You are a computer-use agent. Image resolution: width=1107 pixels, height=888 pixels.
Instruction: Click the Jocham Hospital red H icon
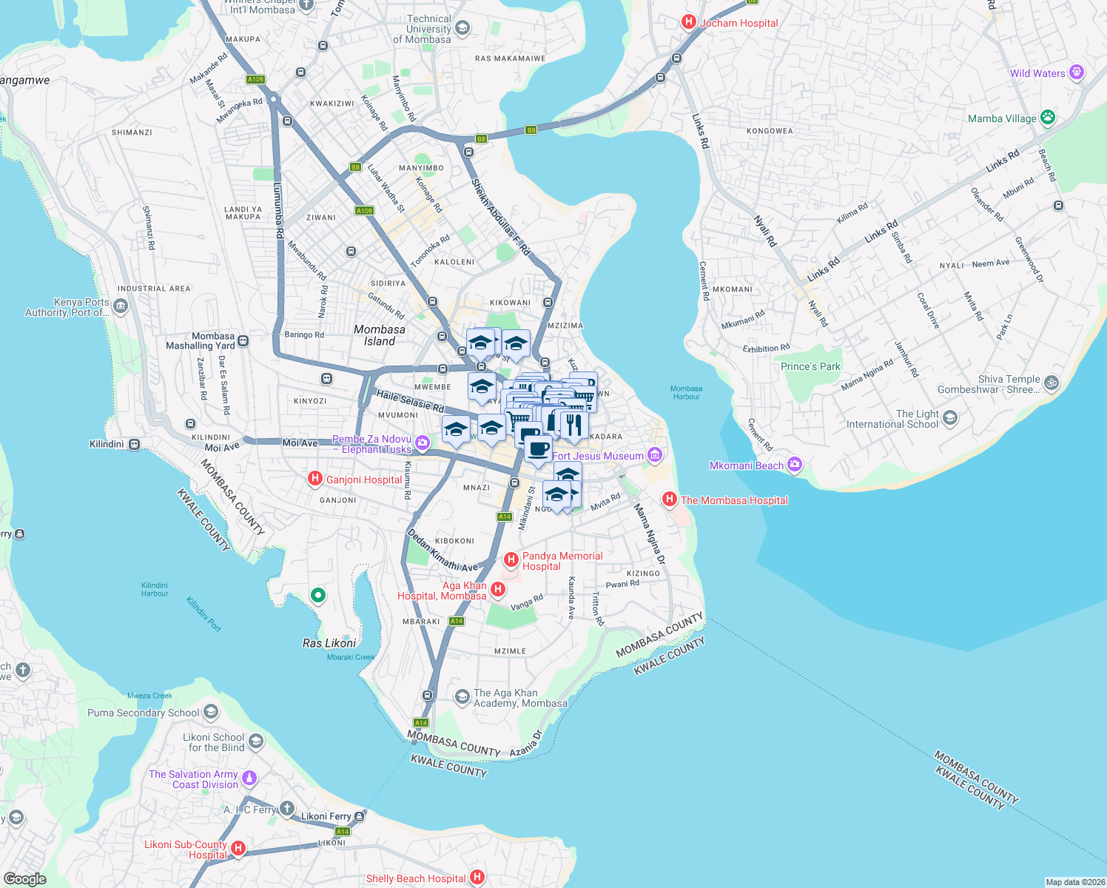pos(689,22)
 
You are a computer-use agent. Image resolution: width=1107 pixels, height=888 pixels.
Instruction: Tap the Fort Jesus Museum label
pos(598,456)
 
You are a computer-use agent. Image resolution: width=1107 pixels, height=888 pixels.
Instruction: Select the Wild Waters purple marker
pos(1077,73)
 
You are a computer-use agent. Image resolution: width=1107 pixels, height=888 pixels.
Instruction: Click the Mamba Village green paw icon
pos(1047,118)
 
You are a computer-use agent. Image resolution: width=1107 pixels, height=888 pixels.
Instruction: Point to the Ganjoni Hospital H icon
pos(314,479)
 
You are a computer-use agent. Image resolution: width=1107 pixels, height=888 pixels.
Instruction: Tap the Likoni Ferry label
pos(326,816)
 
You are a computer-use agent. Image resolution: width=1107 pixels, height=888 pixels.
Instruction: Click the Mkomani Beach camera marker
pos(795,465)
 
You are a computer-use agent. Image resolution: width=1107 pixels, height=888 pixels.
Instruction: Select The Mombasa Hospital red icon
pos(670,499)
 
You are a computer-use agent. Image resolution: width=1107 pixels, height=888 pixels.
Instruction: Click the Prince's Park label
pos(810,366)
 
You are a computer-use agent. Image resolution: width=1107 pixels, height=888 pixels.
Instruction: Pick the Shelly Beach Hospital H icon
pos(477,878)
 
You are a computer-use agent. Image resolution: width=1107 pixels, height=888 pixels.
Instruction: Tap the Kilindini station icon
pos(134,444)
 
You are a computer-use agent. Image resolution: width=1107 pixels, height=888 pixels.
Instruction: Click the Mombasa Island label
pos(380,335)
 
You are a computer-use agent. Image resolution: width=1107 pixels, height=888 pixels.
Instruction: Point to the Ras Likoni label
pos(329,643)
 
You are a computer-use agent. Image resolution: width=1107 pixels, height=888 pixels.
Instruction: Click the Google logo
pos(24,878)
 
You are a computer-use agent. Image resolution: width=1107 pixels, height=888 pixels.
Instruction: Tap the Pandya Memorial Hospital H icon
pos(511,559)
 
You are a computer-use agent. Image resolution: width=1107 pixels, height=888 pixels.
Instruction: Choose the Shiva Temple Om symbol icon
pos(1052,383)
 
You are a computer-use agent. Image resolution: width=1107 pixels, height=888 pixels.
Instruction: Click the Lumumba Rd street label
pos(278,211)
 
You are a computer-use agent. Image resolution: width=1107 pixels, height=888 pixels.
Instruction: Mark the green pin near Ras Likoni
pos(317,595)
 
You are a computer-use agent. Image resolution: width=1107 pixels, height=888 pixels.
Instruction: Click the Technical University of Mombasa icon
pos(462,29)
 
